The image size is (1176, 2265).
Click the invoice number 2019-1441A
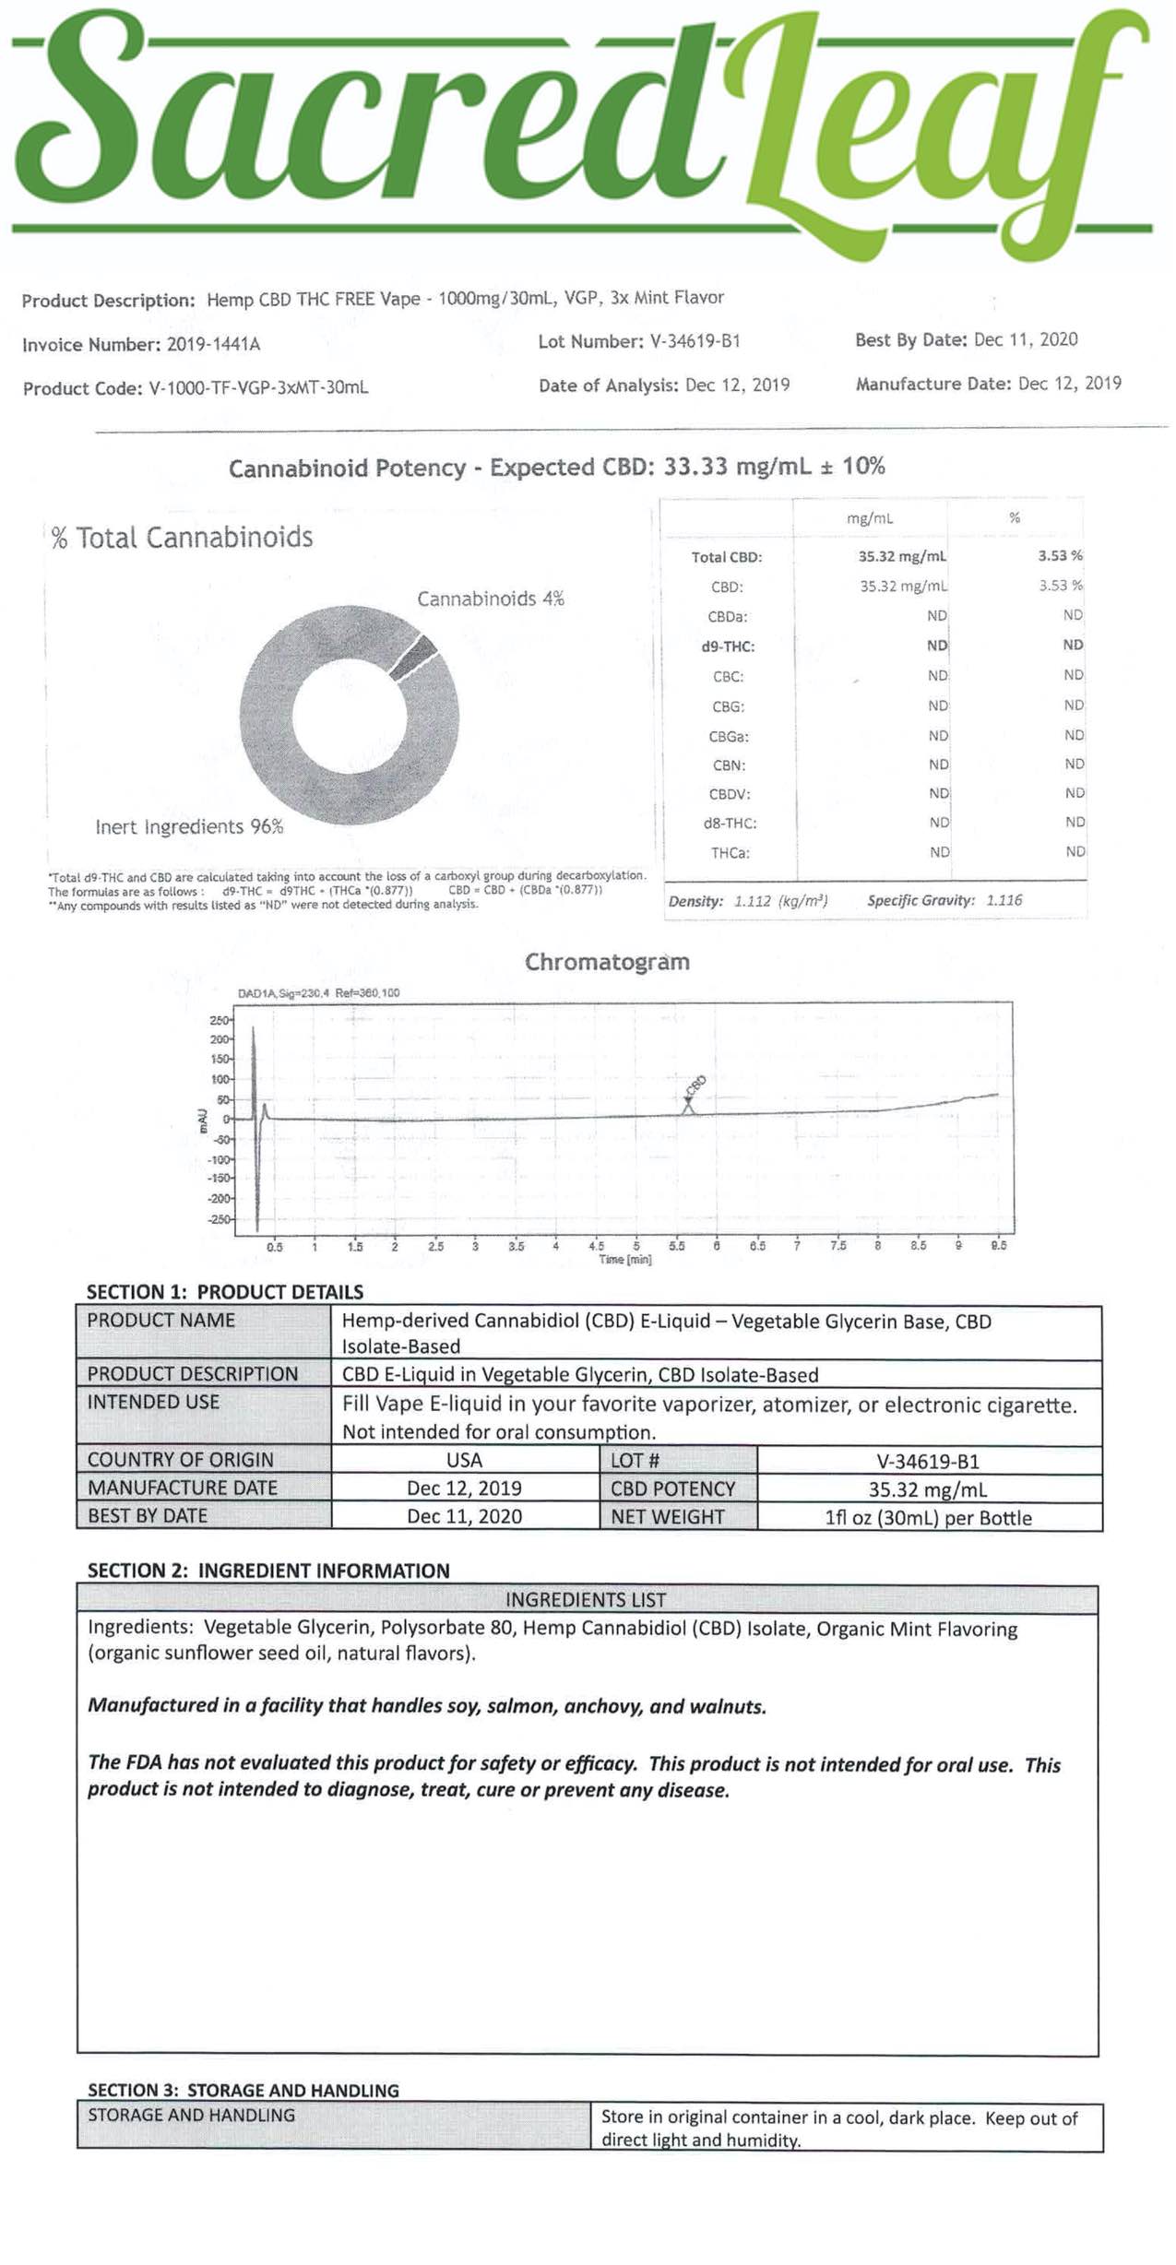(213, 345)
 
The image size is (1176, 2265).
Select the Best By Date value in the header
(1025, 339)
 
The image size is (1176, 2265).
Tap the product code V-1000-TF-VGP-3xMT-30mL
(258, 388)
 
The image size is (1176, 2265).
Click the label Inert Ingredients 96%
(189, 826)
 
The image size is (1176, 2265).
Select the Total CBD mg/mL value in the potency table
(901, 556)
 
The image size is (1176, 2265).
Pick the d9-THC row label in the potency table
(728, 646)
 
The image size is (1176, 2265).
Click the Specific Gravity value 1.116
(1004, 900)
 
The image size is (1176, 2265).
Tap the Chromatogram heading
(607, 962)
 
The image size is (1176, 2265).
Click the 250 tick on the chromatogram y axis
(220, 1020)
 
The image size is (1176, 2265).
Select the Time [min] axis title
(624, 1259)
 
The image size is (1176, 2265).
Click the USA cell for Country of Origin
(464, 1460)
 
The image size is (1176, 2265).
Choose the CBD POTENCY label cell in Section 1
(672, 1488)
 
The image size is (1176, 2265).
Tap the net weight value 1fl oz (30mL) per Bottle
(928, 1517)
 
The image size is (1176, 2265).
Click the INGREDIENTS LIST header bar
(586, 1599)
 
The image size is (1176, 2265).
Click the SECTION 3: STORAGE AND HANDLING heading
(244, 2090)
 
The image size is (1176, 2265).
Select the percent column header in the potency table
(1014, 518)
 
